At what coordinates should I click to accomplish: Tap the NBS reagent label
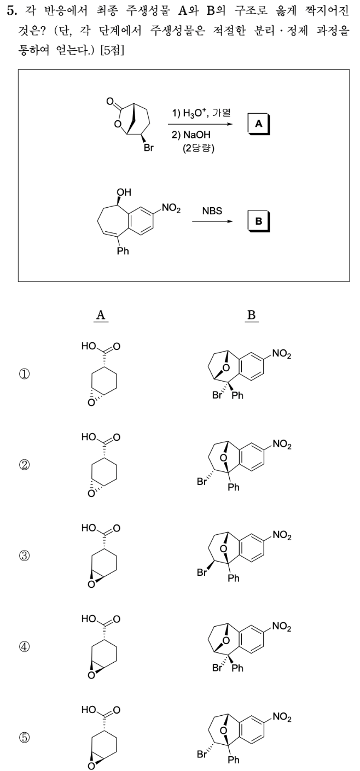210,211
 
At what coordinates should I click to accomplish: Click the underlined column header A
100,314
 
